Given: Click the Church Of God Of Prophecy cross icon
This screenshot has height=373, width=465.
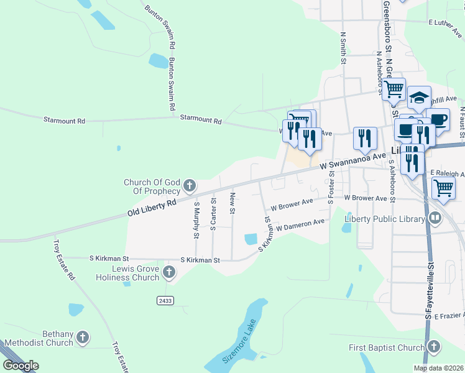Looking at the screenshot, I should point(190,185).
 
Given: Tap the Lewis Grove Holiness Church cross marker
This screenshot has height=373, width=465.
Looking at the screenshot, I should point(168,272).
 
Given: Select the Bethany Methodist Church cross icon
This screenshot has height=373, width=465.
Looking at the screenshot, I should point(82,338).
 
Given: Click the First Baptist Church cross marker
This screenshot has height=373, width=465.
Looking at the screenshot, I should point(433,346).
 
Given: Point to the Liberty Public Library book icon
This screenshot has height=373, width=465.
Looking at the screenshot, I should point(435,218).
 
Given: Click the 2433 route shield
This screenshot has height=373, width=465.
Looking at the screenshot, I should point(165,300).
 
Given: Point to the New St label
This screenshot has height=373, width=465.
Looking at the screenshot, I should point(232,203).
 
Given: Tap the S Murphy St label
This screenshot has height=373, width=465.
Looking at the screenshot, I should point(196,217).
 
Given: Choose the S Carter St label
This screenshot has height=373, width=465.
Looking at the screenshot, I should point(213,214).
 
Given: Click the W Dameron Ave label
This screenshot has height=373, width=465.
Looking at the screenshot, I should point(301,225).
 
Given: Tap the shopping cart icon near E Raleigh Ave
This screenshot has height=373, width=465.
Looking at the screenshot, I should point(443,186).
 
